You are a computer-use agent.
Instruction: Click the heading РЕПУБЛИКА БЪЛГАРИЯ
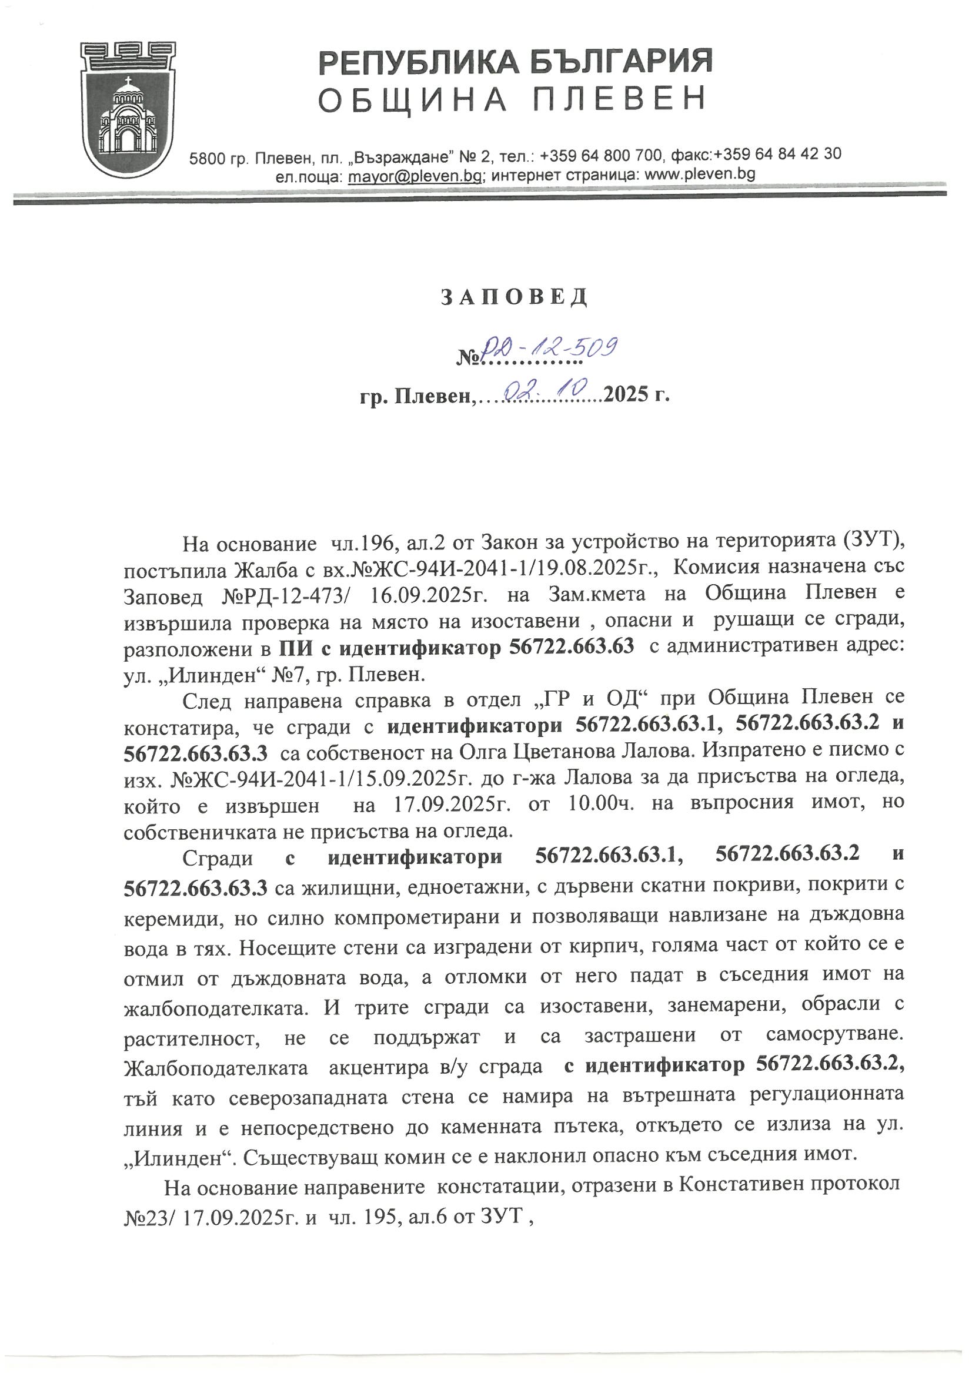pyautogui.click(x=516, y=62)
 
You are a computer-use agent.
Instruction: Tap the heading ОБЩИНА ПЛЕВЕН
pyautogui.click(x=512, y=99)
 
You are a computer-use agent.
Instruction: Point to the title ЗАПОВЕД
pyautogui.click(x=515, y=297)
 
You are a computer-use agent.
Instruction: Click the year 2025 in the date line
pyautogui.click(x=626, y=395)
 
